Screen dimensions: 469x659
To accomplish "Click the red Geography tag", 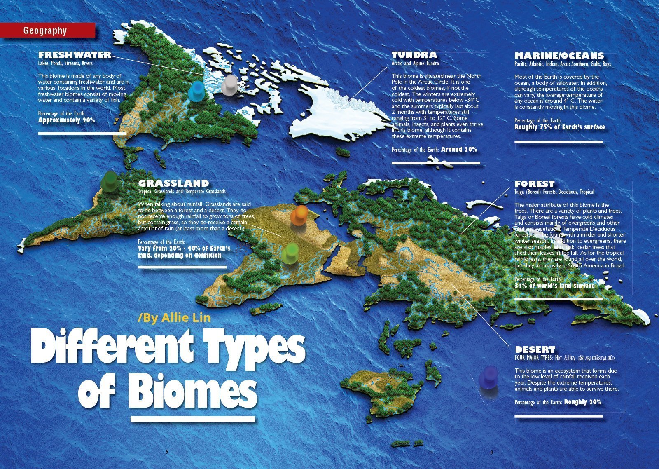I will pos(47,30).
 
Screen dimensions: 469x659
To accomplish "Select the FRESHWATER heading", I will pos(75,55).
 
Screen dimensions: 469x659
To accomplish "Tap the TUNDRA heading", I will pos(414,55).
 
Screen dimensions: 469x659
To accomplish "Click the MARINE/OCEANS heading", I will pos(559,56).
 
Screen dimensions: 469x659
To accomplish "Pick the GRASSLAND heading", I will pos(173,183).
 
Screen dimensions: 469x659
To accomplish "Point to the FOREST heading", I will pos(535,184).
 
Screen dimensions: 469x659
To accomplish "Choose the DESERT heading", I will pos(535,349).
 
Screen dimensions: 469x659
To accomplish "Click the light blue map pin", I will pos(196,90).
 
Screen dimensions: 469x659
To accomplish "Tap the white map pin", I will pos(229,84).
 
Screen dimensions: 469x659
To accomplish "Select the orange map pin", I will pos(299,215).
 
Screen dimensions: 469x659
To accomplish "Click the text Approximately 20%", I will pos(66,120).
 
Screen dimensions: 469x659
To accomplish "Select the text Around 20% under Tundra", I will pos(458,150).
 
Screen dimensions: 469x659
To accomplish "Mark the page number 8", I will pos(167,452).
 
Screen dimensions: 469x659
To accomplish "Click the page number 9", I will pos(491,452).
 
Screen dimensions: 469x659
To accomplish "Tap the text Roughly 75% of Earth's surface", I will pos(559,127).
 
